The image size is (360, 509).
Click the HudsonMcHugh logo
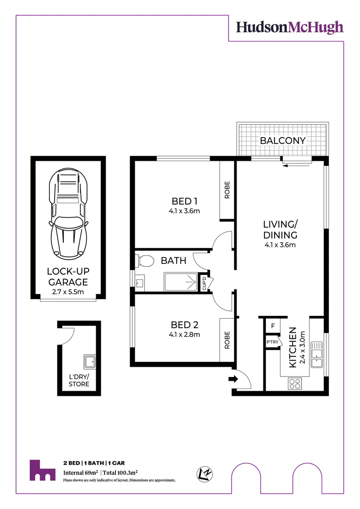tap(289, 27)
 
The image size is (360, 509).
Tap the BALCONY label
tap(283, 140)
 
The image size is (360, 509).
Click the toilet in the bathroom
tap(144, 260)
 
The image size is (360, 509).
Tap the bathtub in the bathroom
tap(180, 282)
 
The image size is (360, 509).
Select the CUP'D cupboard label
tap(204, 283)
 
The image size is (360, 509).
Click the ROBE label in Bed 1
tap(227, 190)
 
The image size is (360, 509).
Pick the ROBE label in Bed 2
tap(227, 340)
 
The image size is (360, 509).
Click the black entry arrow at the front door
tap(232, 378)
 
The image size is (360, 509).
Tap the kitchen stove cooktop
tap(295, 384)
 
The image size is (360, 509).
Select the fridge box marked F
tap(272, 326)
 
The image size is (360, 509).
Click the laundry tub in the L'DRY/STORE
tap(90, 362)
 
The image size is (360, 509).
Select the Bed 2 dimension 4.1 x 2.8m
tap(184, 335)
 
